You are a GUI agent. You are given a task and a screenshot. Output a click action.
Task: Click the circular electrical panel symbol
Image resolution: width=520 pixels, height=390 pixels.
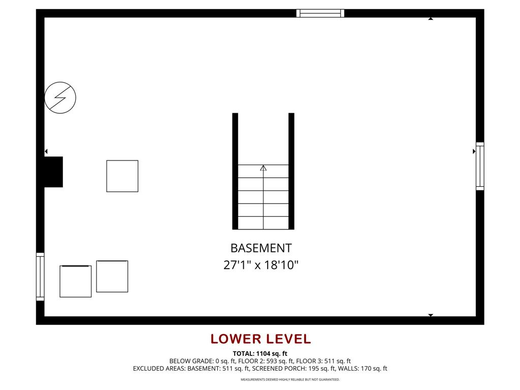tap(60, 97)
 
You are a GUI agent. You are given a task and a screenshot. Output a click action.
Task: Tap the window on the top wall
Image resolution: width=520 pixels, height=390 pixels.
tap(320, 13)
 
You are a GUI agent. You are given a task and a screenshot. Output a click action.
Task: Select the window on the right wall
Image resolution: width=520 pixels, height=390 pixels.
tap(480, 166)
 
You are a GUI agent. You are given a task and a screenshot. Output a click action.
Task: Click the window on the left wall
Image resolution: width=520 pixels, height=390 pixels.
tap(40, 277)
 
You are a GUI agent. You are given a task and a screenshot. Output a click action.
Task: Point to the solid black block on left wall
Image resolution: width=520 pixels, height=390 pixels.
tap(53, 172)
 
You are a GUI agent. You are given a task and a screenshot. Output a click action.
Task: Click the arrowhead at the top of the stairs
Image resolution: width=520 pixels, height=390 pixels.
tap(263, 168)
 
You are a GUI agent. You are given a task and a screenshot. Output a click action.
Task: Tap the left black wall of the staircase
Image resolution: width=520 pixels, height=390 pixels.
tap(235, 171)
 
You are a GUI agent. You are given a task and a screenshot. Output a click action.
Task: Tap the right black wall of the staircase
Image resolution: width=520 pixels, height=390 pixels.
tap(291, 171)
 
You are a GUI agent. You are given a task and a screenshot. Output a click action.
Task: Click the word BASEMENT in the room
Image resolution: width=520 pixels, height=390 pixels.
tap(261, 248)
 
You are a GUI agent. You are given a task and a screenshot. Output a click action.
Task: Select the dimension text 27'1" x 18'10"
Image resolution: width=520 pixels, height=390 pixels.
tap(261, 265)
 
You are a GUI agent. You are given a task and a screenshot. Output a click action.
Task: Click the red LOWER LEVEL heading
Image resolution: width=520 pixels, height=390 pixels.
tap(261, 339)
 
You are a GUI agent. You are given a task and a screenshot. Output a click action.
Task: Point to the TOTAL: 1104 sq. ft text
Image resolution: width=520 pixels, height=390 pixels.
tap(260, 353)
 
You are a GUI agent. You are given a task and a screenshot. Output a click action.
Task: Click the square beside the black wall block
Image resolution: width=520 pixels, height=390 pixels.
tap(122, 176)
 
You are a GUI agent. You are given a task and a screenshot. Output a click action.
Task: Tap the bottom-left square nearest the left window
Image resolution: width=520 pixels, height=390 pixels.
tap(76, 281)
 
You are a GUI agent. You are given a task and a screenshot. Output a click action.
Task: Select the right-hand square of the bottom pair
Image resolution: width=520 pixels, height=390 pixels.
tap(112, 276)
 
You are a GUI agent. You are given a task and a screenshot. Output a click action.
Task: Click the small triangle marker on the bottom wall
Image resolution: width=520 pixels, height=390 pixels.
tap(431, 315)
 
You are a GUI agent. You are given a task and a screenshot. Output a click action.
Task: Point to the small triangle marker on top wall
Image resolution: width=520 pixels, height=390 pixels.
tap(431, 19)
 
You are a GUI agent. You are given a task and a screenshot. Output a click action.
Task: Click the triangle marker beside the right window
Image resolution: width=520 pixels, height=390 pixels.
tap(474, 151)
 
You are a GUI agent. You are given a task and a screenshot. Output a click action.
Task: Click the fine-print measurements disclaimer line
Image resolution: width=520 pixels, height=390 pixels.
tap(290, 379)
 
